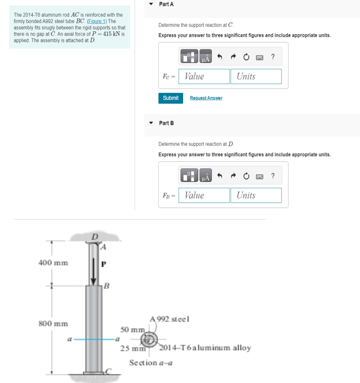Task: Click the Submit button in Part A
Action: tap(170, 98)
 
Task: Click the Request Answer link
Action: tap(206, 98)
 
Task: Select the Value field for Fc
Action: tap(206, 76)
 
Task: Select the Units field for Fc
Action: tap(256, 76)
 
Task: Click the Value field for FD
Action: tap(206, 195)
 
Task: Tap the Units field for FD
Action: tap(256, 195)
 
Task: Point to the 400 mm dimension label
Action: tap(53, 262)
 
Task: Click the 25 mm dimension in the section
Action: tap(132, 348)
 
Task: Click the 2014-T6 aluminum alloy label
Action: tap(205, 348)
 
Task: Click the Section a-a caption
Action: tap(151, 362)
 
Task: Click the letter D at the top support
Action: tap(94, 237)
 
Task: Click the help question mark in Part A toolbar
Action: tap(273, 56)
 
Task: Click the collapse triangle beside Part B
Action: tap(151, 123)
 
